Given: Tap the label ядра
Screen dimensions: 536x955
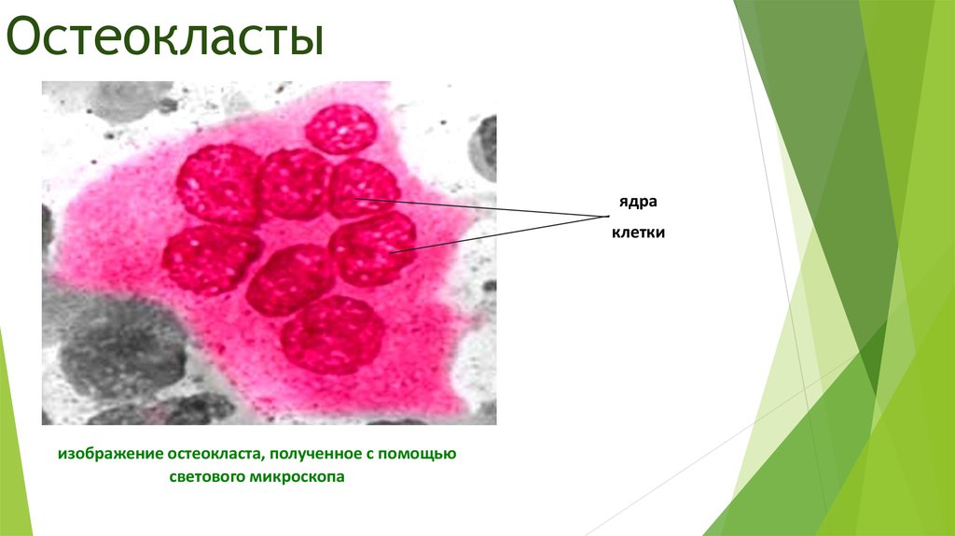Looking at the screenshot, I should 630,203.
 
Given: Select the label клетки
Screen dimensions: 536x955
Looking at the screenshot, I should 638,233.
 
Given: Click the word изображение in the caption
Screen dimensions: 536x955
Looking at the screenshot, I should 111,455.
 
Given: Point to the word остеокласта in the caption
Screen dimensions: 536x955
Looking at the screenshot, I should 215,455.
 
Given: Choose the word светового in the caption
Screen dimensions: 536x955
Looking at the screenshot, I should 204,477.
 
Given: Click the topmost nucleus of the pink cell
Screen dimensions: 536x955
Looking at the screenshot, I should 340,129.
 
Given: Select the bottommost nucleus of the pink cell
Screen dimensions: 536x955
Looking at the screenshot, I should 333,334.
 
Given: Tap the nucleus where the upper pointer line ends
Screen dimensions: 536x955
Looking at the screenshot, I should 364,187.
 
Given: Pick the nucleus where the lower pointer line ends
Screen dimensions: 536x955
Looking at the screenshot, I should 373,247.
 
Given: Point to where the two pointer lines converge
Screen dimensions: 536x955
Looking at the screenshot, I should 597,217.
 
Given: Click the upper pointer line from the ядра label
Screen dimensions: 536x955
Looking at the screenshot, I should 485,207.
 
